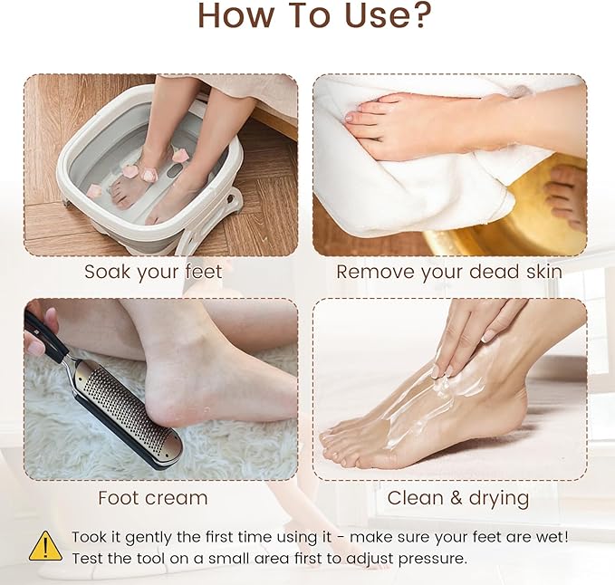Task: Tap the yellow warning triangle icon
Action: tap(45, 546)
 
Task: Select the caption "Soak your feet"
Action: tap(153, 272)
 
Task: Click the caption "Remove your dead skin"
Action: tap(449, 272)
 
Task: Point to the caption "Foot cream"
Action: tap(152, 498)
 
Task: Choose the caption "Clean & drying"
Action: tap(458, 498)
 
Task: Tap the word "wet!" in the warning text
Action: tap(550, 537)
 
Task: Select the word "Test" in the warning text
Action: tap(89, 558)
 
